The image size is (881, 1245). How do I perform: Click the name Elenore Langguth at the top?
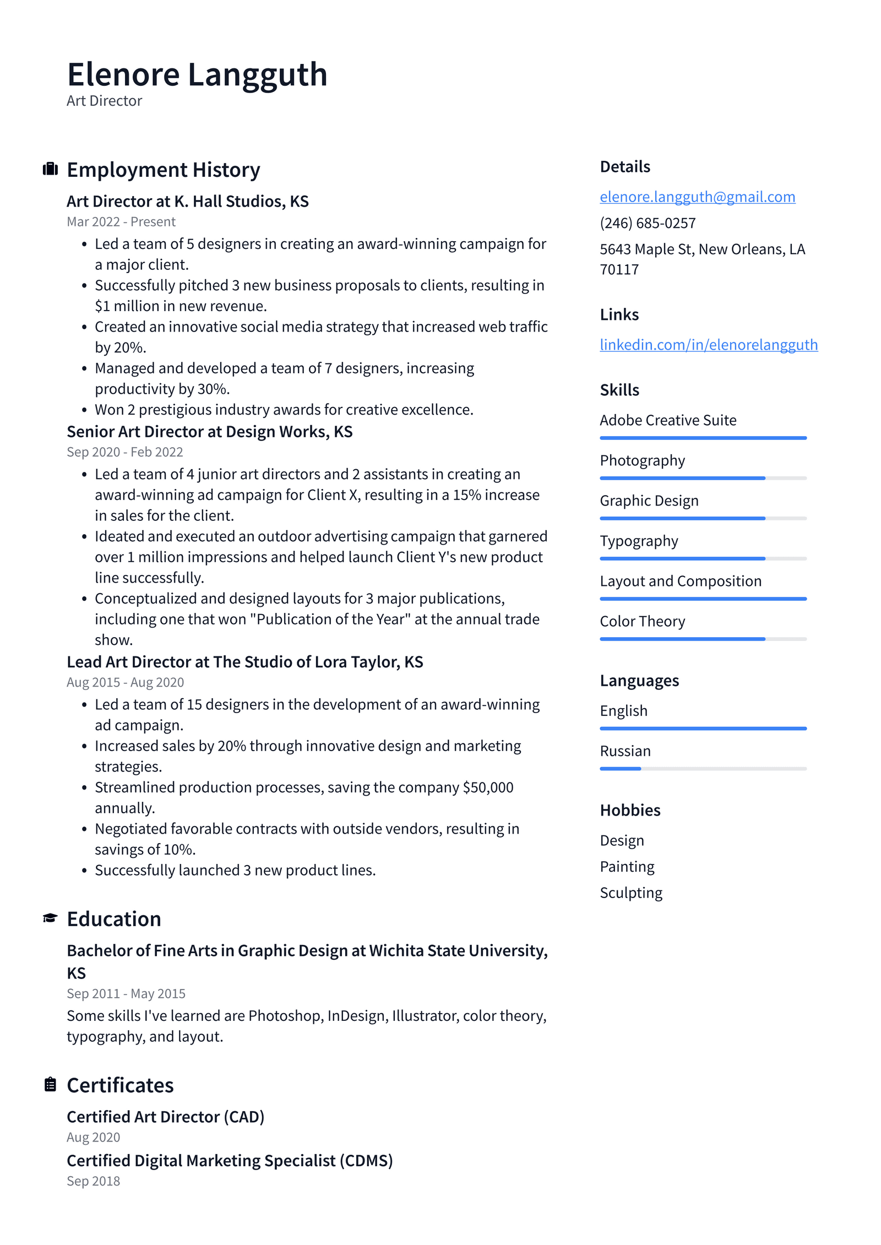[x=197, y=75]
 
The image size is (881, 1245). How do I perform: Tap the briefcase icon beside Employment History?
[x=50, y=168]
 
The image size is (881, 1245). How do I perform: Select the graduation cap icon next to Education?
[x=50, y=918]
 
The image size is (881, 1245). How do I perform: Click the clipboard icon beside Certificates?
[x=50, y=1084]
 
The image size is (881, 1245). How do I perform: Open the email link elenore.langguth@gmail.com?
[x=697, y=197]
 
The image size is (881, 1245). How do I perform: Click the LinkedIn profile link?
[x=708, y=345]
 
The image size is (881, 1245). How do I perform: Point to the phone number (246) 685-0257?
[x=648, y=223]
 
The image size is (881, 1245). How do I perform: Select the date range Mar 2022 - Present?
[x=121, y=222]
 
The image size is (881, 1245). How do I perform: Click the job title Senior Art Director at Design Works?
[x=209, y=432]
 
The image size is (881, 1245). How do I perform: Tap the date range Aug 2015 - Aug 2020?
[x=125, y=682]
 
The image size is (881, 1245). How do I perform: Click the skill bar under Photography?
[x=703, y=478]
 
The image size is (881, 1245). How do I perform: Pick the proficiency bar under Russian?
[x=703, y=769]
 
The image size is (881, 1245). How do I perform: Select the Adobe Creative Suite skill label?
[x=667, y=420]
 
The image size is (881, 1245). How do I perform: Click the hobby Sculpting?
[x=631, y=893]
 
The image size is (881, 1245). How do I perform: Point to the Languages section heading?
[x=639, y=681]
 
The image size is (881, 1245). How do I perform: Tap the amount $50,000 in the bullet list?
[x=488, y=787]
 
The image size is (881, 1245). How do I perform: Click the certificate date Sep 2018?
[x=93, y=1181]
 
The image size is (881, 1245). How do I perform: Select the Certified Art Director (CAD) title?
[x=165, y=1117]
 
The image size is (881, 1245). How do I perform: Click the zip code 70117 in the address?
[x=619, y=270]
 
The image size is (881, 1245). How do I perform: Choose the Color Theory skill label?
[x=642, y=621]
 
